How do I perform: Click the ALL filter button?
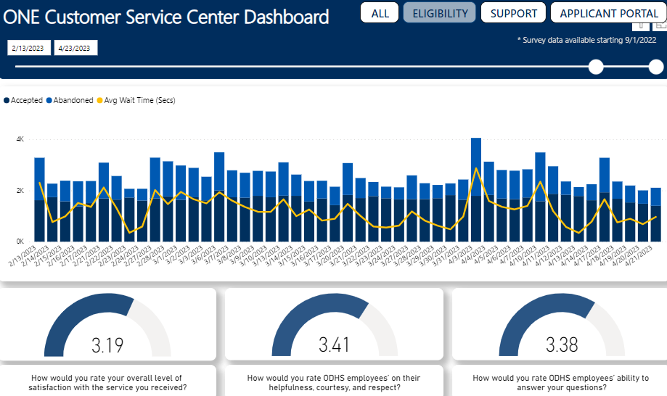(x=380, y=13)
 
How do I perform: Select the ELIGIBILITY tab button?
(x=440, y=13)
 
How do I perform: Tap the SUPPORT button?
(x=513, y=13)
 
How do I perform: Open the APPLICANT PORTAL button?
(x=609, y=13)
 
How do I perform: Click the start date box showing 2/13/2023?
(x=28, y=48)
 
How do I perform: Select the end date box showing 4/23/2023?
(x=75, y=48)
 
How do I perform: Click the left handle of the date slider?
(x=596, y=67)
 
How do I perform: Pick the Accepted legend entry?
(x=23, y=100)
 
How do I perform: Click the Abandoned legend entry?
(x=70, y=100)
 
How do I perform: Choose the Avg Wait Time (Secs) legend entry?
(x=136, y=100)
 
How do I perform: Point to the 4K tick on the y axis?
(x=20, y=139)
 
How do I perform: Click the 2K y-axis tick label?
(x=20, y=190)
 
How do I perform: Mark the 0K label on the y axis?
(x=20, y=242)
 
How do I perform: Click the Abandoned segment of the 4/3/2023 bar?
(x=476, y=167)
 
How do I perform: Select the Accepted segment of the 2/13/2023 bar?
(x=40, y=220)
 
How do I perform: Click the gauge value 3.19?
(x=107, y=345)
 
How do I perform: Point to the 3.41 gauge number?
(x=335, y=345)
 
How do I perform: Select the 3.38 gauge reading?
(x=562, y=345)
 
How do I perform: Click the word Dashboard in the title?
(x=287, y=17)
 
